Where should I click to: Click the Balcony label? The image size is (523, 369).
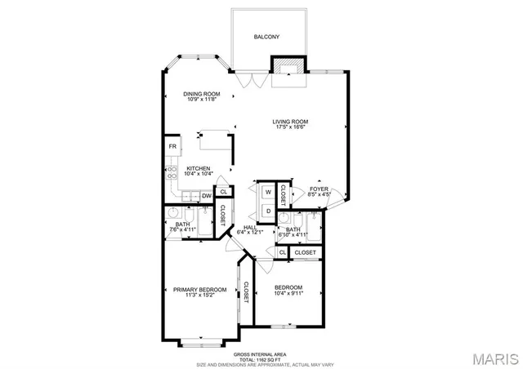pyautogui.click(x=267, y=37)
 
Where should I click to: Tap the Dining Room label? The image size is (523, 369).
pyautogui.click(x=200, y=94)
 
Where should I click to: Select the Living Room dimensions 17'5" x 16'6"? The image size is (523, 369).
pyautogui.click(x=290, y=128)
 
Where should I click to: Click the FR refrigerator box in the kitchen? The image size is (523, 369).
pyautogui.click(x=172, y=146)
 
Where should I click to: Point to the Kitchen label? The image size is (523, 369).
pyautogui.click(x=199, y=168)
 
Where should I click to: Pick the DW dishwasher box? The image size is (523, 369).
pyautogui.click(x=207, y=196)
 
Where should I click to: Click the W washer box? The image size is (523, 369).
pyautogui.click(x=267, y=193)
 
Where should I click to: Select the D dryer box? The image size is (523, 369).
pyautogui.click(x=267, y=211)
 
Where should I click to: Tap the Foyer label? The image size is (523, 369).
pyautogui.click(x=319, y=189)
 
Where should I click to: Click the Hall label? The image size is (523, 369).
pyautogui.click(x=251, y=228)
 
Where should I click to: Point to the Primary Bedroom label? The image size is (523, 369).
pyautogui.click(x=199, y=289)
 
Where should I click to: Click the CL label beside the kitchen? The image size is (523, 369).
pyautogui.click(x=223, y=192)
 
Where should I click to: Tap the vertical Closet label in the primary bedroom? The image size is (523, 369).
pyautogui.click(x=246, y=292)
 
